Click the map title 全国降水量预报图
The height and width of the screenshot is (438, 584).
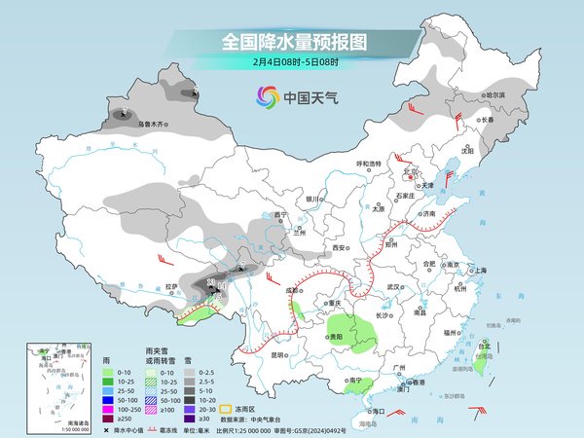(291, 42)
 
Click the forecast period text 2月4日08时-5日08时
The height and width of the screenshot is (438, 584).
(291, 61)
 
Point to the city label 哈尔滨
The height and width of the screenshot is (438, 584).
(495, 94)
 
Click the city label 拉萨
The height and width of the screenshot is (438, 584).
(171, 286)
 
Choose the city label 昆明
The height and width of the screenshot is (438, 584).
(278, 354)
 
